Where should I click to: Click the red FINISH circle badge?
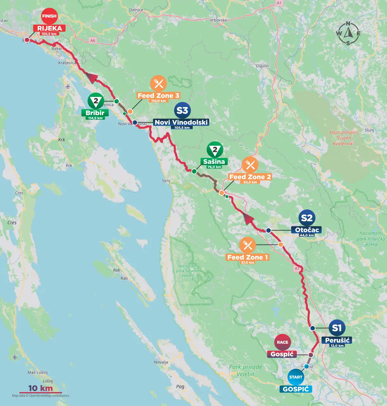pos(49,16)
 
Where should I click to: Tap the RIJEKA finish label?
pos(49,28)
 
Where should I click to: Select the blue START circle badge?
pos(296,377)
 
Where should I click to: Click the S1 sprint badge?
pos(337,328)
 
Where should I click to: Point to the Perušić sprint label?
pos(337,340)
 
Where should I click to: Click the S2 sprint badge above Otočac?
pos(307,218)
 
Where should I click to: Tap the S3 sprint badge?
pos(182,110)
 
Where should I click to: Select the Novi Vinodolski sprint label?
pos(181,122)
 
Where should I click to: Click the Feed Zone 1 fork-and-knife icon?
pos(247,245)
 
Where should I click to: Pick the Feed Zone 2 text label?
pos(250,177)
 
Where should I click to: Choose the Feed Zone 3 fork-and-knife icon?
pos(158,83)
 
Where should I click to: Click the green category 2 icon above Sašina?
pos(215,150)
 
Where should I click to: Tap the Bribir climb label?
pos(95,113)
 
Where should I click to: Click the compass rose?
pos(348,33)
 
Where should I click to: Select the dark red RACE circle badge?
pos(282,342)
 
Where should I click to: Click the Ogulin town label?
pos(262,66)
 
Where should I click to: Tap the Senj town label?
pos(166,181)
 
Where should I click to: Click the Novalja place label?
pos(161,362)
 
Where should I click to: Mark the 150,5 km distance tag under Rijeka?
pos(49,34)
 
